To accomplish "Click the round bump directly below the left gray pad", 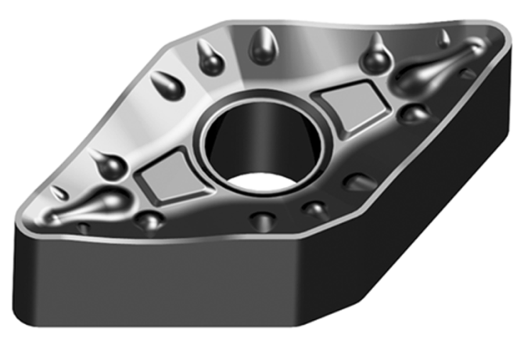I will pos(149,220).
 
